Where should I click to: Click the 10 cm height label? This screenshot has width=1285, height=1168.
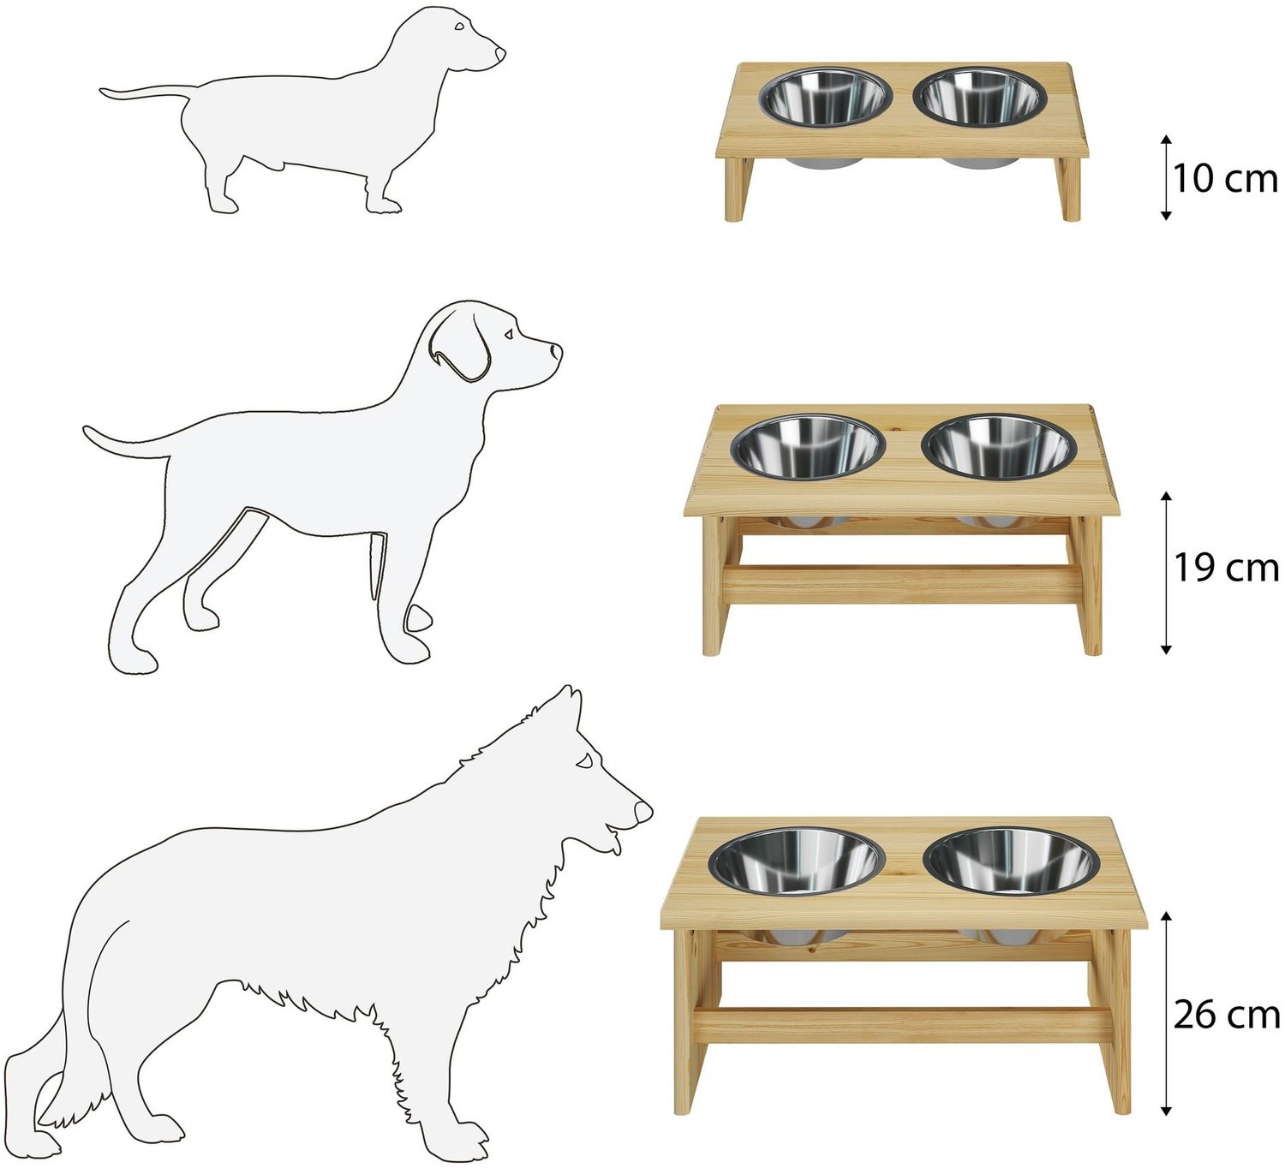pos(1225,179)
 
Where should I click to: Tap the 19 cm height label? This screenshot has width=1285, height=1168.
pos(1225,568)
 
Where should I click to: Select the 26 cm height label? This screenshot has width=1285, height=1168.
pos(1226,1015)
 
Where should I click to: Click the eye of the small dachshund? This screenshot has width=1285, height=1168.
pos(460,27)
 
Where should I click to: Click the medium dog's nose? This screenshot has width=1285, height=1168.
pos(555,351)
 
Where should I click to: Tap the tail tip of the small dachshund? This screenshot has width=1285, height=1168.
pos(103,92)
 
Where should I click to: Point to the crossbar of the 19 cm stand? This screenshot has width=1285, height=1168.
pos(903,585)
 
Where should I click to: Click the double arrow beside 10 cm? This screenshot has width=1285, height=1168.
pos(1166,177)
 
